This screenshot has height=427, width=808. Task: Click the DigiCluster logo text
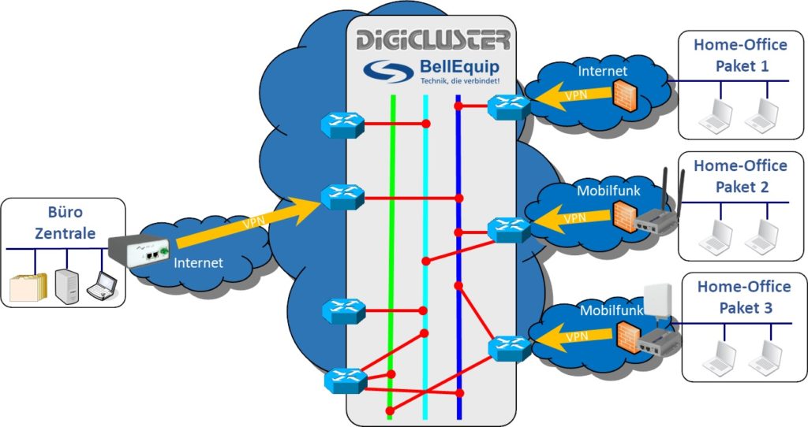tap(432, 40)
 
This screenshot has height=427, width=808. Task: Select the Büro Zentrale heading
tap(64, 222)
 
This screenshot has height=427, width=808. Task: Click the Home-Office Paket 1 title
tap(741, 55)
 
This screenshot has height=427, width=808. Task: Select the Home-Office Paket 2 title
tap(741, 176)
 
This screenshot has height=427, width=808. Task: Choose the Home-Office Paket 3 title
tap(741, 295)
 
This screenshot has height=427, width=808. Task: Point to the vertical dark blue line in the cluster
tap(458, 260)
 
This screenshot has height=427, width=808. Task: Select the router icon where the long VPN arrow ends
tap(342, 196)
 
